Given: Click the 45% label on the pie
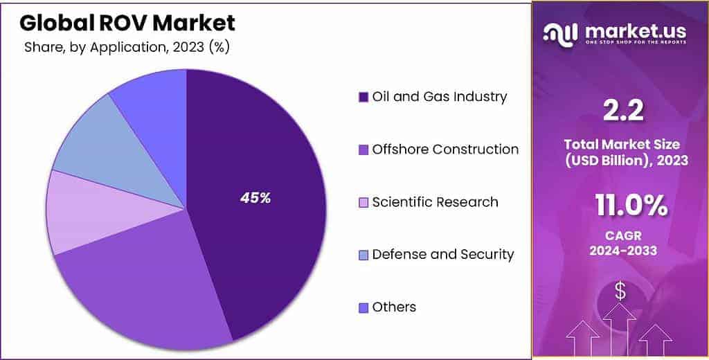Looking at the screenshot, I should tap(255, 198).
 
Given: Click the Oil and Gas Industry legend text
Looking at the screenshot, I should tap(439, 96).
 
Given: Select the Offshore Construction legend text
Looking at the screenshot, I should tap(445, 149).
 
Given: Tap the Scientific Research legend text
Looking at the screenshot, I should tap(435, 201).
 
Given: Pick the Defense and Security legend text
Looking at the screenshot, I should tap(443, 254).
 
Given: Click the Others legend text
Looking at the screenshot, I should tap(394, 307).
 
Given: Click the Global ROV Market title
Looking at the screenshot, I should tap(127, 22).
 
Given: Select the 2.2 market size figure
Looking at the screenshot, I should tap(620, 109).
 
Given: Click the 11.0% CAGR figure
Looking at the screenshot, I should tap(631, 206).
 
